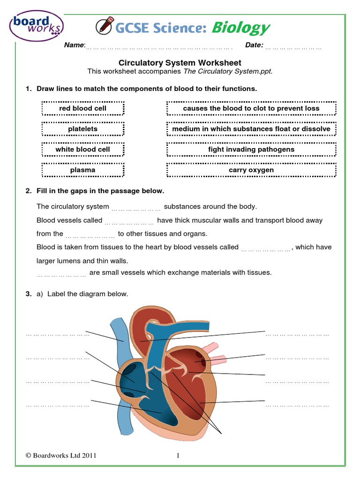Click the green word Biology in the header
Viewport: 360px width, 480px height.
point(240,28)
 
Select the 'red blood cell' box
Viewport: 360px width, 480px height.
point(82,108)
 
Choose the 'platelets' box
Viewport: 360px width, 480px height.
point(82,129)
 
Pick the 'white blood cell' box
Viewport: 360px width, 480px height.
point(82,150)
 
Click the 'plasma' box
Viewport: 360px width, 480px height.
point(82,170)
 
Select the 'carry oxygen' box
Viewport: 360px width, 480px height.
point(251,170)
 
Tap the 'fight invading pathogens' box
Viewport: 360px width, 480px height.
point(251,150)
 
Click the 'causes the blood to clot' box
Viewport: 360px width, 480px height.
point(251,108)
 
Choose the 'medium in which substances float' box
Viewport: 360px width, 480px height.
point(251,129)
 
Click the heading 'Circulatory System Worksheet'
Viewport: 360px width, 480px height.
point(180,62)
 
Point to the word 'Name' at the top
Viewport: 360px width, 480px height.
point(74,45)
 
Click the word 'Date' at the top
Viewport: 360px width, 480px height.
point(254,45)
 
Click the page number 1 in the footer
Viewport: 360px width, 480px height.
point(179,455)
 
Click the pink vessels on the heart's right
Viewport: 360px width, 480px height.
point(214,354)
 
